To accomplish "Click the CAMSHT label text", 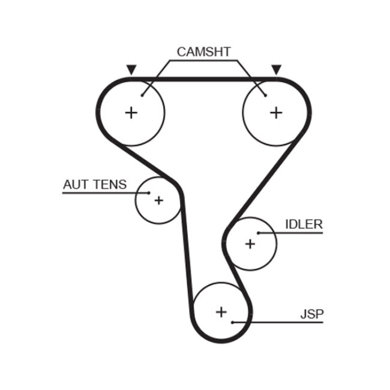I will pos(203,52).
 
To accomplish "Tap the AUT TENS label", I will pos(95,184).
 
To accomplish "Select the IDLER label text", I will pos(304,224).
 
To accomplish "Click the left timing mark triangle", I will pos(131,70).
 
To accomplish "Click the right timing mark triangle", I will pos(276,70).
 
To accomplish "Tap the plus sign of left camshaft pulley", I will pos(131,112).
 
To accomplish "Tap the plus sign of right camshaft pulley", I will pos(275,112).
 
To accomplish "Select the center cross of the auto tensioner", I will pos(158,200).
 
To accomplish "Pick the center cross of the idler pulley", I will pos(250,244).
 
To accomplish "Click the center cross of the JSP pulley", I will pos(221,311).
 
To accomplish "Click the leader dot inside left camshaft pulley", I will pos(142,94).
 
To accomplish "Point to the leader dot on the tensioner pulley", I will pos(148,193).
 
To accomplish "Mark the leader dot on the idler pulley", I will pos(259,233).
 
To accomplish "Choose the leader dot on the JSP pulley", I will pos(232,322).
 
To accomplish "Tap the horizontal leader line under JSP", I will pos(282,322).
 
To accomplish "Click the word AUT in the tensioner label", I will pos(76,184).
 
